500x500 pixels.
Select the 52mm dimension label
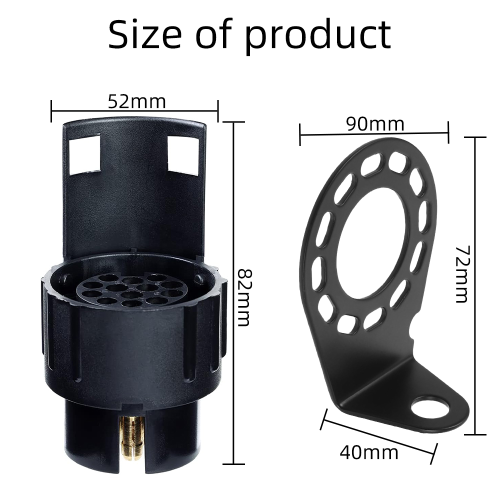tap(137, 101)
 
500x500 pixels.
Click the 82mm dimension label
tap(245, 297)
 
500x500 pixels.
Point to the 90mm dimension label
tap(375, 124)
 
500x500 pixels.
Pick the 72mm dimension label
tap(461, 274)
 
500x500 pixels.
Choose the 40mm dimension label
tap(369, 452)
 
